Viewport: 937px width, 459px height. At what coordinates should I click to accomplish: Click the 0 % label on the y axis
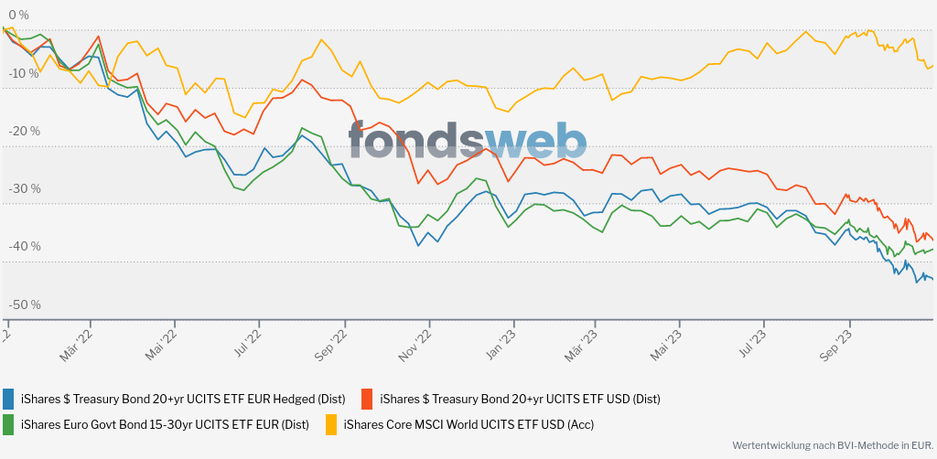[x=17, y=16]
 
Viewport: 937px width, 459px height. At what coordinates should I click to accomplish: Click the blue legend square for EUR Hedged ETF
[x=9, y=399]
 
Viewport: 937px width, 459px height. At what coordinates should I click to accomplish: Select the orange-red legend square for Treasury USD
[x=368, y=399]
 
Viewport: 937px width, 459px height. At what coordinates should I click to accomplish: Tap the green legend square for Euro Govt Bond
[x=9, y=424]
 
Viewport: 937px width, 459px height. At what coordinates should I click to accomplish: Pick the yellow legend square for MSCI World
[x=331, y=424]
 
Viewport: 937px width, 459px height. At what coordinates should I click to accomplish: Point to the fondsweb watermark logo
[x=467, y=140]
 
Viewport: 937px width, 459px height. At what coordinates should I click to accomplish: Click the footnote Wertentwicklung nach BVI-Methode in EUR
[x=831, y=445]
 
